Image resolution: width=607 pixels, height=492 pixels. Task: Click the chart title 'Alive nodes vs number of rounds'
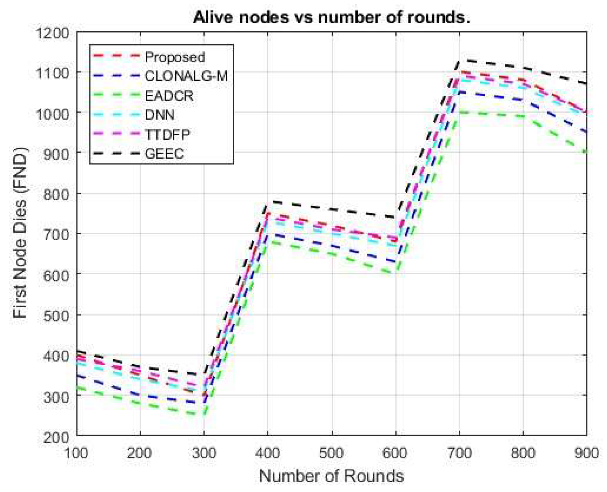331,17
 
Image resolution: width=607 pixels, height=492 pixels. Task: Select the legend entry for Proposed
175,57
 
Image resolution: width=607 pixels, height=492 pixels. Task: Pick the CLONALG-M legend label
186,76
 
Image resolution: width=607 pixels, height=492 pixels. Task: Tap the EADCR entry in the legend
169,96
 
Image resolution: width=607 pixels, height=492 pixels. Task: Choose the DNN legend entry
159,115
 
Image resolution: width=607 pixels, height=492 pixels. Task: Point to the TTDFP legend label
167,134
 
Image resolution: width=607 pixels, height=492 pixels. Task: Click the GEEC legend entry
164,153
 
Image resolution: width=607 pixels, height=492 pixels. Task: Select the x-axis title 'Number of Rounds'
331,476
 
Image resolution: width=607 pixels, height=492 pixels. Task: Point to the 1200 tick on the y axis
52,33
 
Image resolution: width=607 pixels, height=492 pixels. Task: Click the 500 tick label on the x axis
332,453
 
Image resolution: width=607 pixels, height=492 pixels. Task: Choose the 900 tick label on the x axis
586,453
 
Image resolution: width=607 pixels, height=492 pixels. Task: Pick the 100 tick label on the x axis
76,453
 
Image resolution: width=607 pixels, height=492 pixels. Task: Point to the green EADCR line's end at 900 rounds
586,152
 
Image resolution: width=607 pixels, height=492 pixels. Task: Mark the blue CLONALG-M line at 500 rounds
332,246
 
